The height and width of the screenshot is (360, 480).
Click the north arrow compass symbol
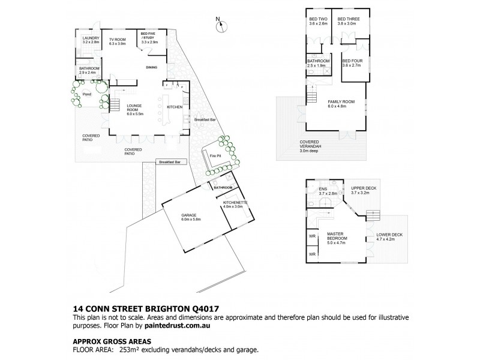click(x=222, y=25)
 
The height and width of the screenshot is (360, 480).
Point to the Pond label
click(x=86, y=95)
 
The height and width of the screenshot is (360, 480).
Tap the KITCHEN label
click(x=175, y=107)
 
